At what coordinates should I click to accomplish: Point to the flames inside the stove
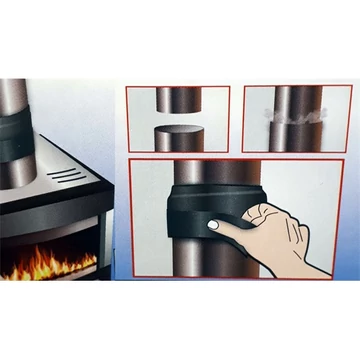tap(45, 266)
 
